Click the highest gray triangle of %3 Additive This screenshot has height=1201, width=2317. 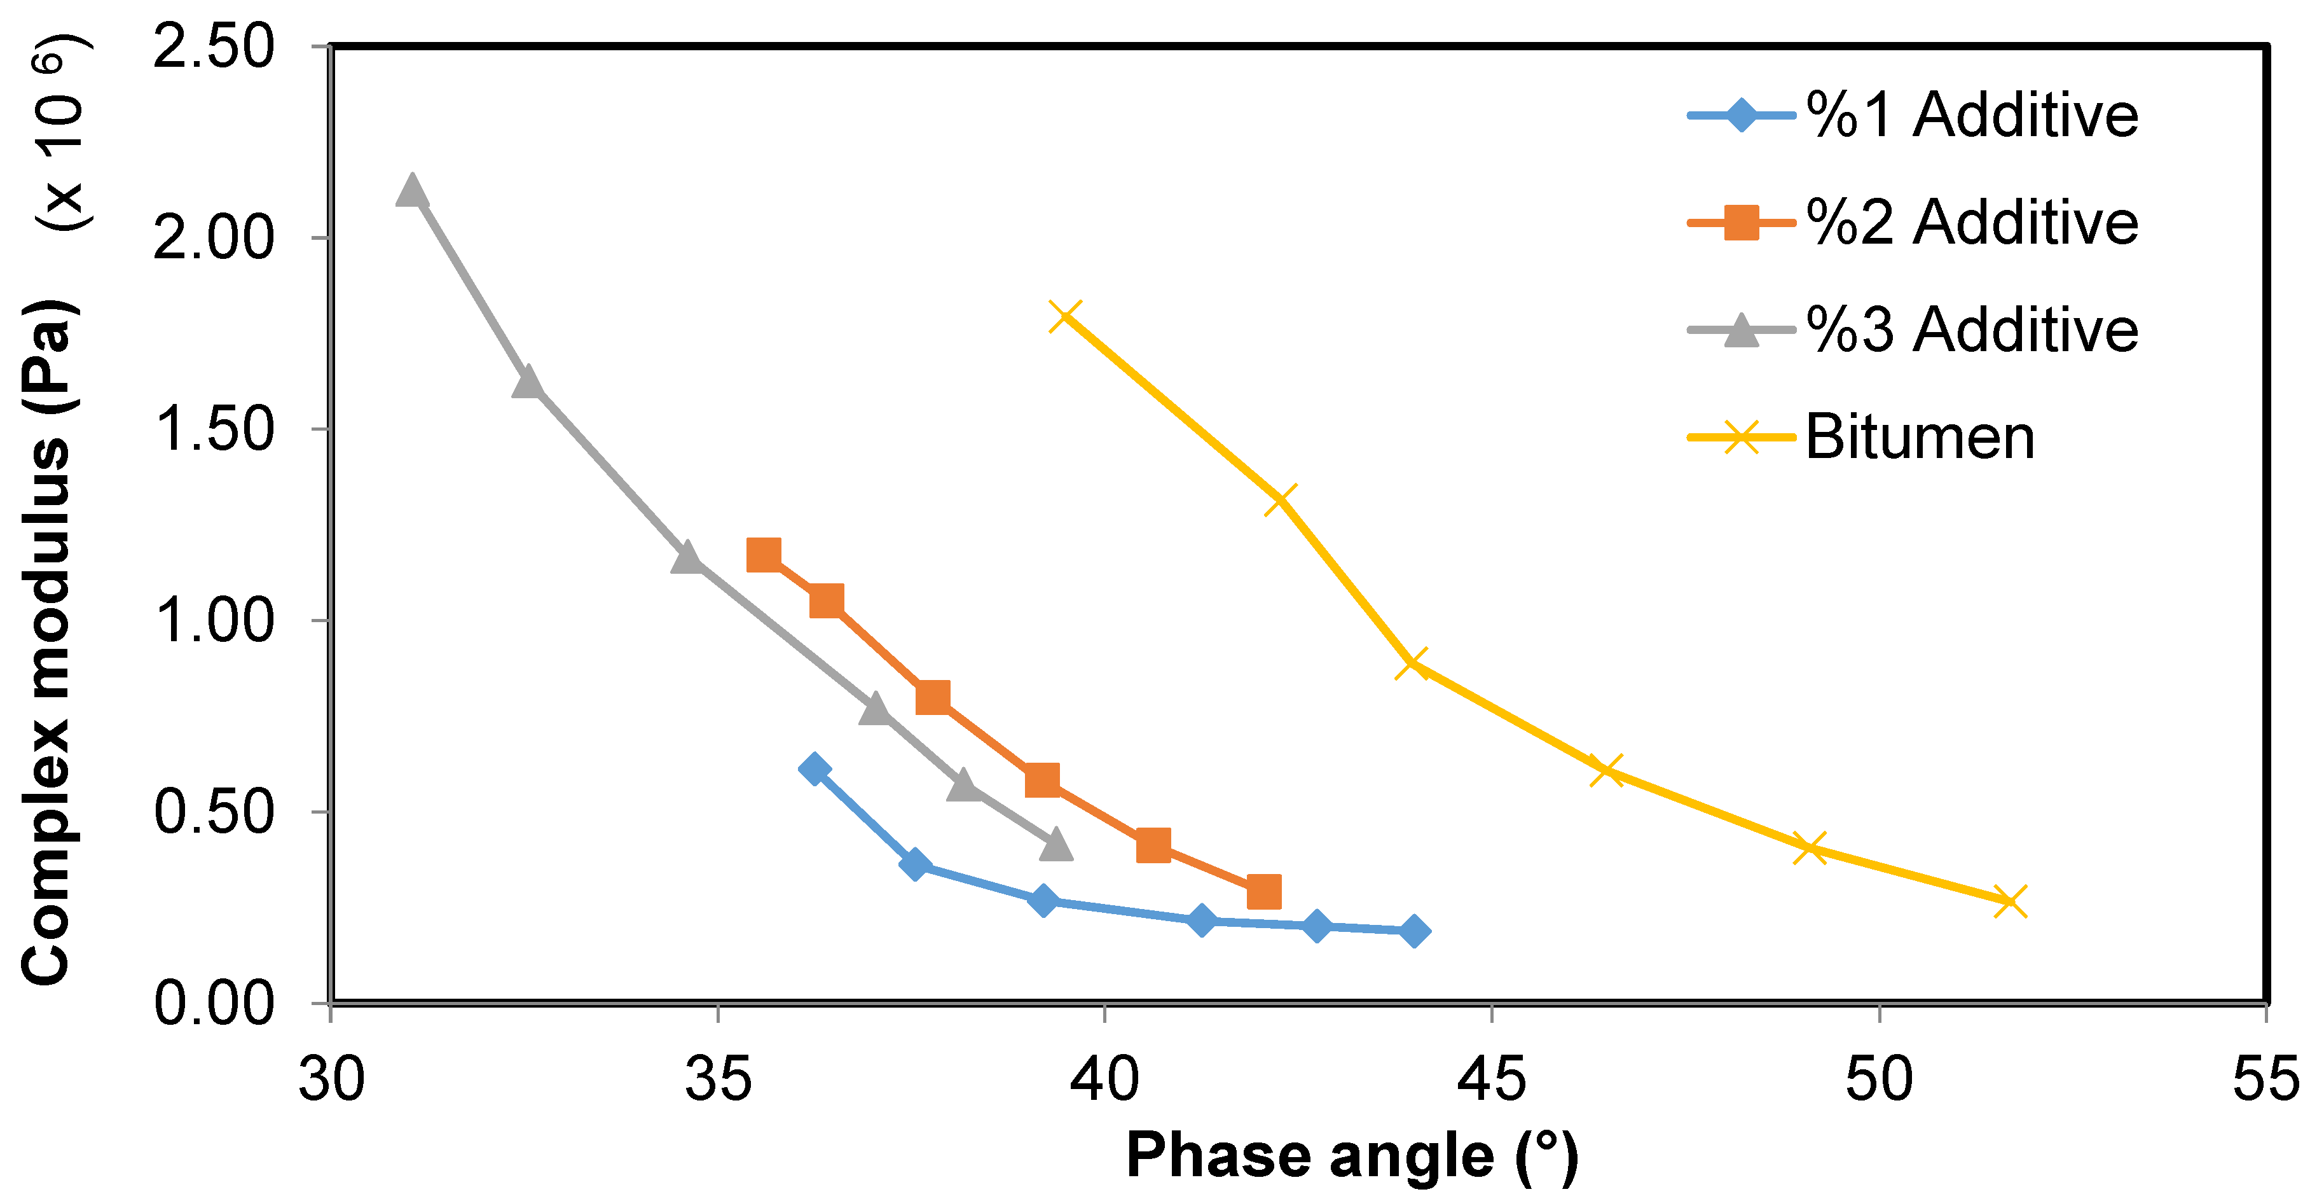click(411, 191)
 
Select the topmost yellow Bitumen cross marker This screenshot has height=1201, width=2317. click(1066, 316)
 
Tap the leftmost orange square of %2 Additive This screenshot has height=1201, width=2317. click(764, 555)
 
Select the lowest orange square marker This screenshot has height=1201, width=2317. click(1264, 892)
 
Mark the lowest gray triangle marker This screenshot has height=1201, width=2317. click(1057, 845)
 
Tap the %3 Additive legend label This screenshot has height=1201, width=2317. click(1972, 330)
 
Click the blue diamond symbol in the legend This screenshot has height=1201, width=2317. click(1742, 115)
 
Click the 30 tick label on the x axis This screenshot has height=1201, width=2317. click(331, 1080)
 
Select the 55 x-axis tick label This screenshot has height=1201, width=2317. click(2265, 1080)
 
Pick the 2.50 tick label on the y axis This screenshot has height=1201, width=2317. click(213, 47)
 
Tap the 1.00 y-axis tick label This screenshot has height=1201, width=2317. click(213, 621)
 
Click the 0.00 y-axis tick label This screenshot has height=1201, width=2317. click(213, 1003)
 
